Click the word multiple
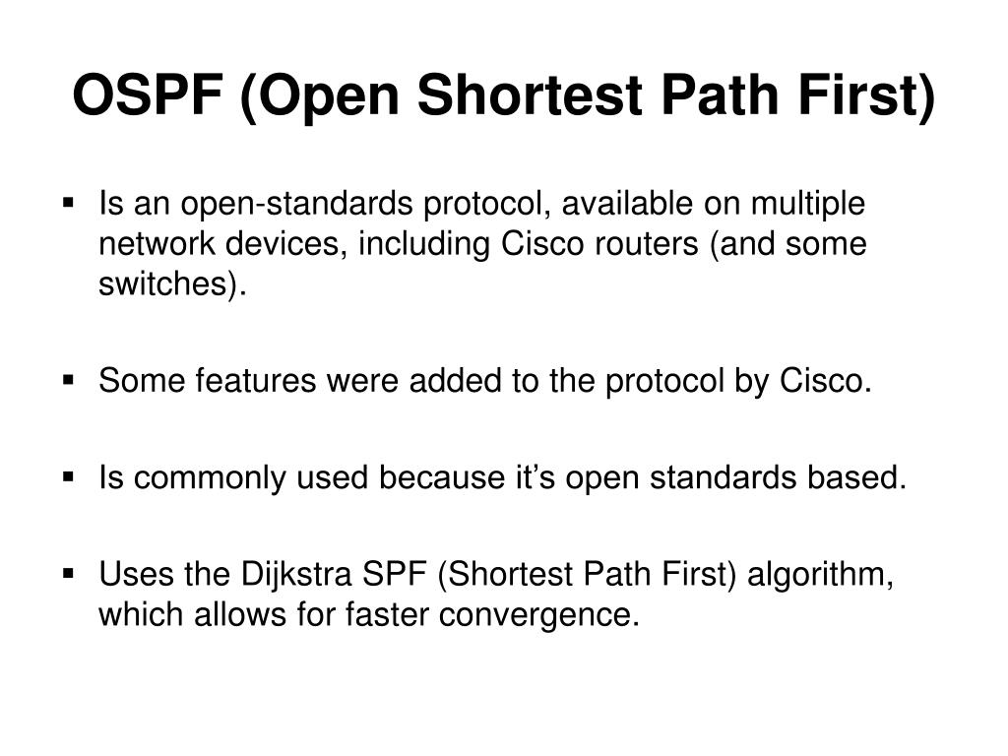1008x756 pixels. click(808, 205)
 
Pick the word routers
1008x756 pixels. click(650, 243)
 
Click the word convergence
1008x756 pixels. click(535, 614)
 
